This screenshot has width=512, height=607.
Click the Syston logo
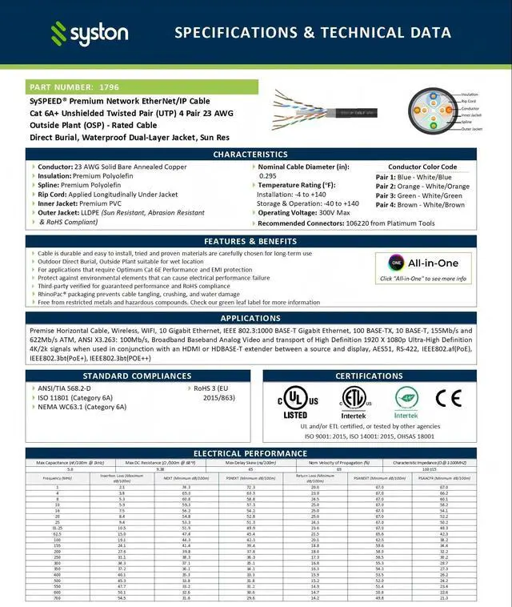(x=90, y=33)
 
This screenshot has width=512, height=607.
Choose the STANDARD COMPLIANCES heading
(x=138, y=376)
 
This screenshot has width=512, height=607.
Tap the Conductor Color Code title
(x=422, y=167)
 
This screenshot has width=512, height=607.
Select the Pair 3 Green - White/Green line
(x=419, y=195)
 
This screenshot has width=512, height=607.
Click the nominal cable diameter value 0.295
(x=268, y=175)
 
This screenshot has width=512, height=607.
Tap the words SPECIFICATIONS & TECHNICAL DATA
(x=312, y=33)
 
